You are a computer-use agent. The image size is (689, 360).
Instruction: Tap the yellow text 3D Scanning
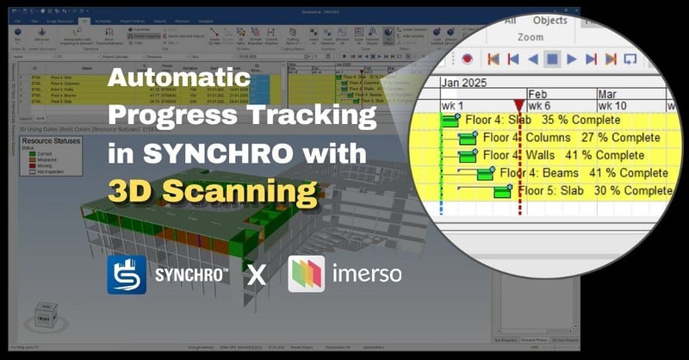(x=213, y=190)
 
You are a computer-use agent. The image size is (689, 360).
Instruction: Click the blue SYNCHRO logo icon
(x=127, y=275)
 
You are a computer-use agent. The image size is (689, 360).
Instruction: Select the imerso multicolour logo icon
(x=306, y=274)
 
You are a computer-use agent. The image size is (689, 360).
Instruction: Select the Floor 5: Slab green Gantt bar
(x=503, y=191)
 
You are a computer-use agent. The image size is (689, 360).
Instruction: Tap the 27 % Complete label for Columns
(x=621, y=138)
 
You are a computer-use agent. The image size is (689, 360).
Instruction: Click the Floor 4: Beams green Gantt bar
(x=486, y=173)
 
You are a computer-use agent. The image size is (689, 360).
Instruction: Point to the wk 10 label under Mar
(x=616, y=105)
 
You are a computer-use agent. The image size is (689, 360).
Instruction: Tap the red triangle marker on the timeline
(x=518, y=104)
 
